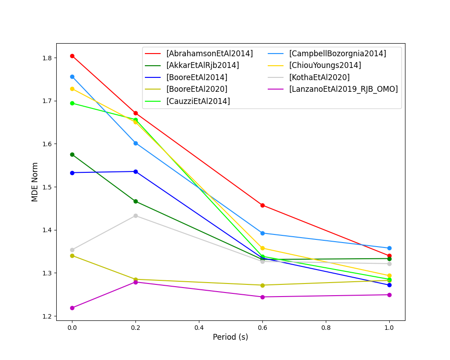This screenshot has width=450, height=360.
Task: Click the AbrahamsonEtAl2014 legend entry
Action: pos(209,54)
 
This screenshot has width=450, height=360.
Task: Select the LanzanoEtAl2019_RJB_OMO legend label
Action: pos(343,89)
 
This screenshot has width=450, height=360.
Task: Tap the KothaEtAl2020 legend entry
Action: pos(319,77)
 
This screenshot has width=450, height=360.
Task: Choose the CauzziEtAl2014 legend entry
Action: pos(198,101)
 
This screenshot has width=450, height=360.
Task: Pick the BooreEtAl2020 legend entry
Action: pos(197,89)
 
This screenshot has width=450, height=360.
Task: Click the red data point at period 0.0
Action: pos(72,56)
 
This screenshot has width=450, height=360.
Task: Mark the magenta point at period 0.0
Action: pos(72,308)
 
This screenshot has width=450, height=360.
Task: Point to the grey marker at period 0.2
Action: pos(135,216)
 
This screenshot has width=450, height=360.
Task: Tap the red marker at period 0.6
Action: pos(262,205)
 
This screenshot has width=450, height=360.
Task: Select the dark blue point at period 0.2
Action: pos(135,171)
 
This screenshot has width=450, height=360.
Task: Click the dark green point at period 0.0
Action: pos(72,154)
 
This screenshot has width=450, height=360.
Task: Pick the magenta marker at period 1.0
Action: pos(389,295)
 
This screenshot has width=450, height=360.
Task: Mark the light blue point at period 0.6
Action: pos(262,233)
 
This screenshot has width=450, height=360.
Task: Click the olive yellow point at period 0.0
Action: pos(72,256)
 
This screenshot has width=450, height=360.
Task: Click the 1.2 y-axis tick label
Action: pos(47,316)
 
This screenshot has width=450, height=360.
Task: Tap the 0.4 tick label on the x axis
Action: pos(199,328)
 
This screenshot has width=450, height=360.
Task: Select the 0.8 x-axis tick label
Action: pos(326,328)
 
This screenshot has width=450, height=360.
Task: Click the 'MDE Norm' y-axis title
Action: pos(35,182)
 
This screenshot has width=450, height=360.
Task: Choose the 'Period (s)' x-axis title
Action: pos(230,337)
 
